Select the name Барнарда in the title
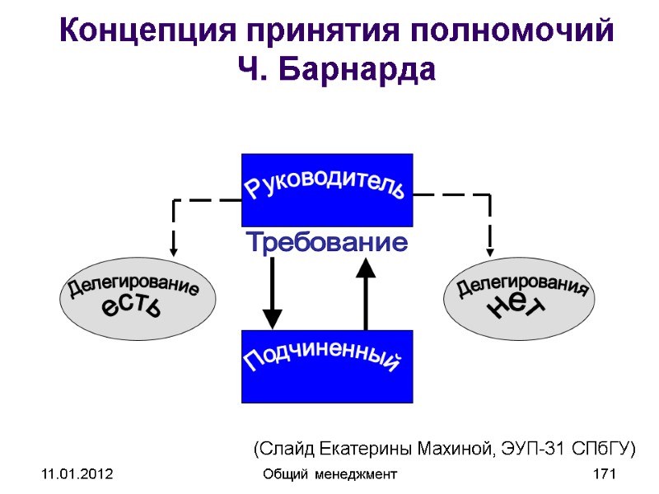(362, 70)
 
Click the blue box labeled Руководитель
(327, 189)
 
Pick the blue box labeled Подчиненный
(327, 366)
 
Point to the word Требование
(327, 243)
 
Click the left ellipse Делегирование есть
(133, 301)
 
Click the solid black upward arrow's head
(365, 266)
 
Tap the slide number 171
(605, 474)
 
